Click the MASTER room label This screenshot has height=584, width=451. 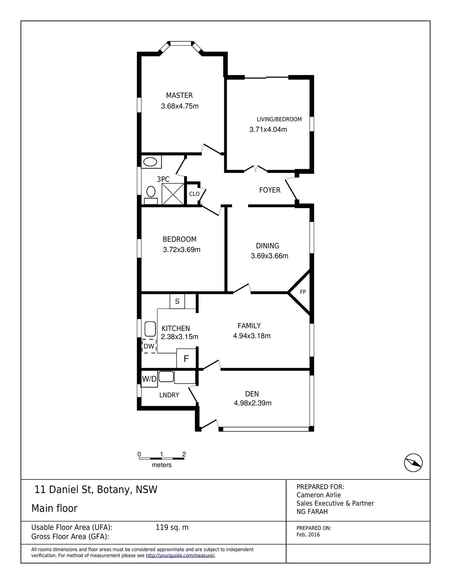179,96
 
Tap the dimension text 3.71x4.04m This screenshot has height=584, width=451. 268,129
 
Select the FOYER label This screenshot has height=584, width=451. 270,190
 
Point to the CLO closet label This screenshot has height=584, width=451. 194,194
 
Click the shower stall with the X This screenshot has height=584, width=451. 173,194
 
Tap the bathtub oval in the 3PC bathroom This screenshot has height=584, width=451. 150,162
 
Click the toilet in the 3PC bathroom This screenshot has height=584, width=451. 151,192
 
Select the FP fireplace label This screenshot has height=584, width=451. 303,292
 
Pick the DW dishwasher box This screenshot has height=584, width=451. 149,346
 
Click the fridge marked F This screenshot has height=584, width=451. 186,359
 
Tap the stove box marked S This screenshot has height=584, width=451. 177,301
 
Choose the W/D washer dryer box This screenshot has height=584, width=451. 149,379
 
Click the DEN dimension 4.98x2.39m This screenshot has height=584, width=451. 252,403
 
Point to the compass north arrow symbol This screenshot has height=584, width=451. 413,463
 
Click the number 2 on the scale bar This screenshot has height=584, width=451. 184,454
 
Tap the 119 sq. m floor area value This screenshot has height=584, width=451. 172,527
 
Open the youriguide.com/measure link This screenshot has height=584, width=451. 180,555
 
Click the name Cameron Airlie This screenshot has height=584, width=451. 319,495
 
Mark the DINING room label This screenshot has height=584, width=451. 267,246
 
